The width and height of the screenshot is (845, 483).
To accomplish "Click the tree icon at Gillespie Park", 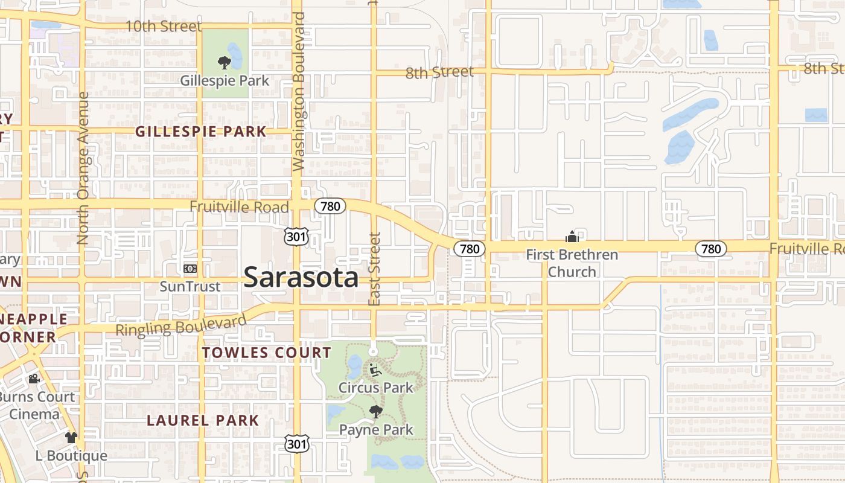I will (224, 62).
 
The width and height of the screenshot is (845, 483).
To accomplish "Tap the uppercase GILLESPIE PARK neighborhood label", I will (200, 132).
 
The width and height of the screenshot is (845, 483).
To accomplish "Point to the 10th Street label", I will (163, 27).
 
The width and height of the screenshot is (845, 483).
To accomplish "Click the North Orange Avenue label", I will (83, 168).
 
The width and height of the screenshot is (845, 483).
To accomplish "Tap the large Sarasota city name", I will (301, 278).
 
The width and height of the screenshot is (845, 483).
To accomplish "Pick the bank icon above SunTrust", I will (190, 268).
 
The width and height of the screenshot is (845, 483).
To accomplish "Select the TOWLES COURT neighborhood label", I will (267, 353).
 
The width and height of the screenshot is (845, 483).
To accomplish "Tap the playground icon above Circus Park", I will (375, 369).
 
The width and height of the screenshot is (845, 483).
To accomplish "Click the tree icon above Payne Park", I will (376, 412).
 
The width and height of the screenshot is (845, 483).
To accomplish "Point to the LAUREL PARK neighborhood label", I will (203, 420).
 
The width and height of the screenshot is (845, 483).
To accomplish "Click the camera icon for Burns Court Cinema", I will (34, 379).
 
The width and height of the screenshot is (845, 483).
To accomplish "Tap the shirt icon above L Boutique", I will (71, 437).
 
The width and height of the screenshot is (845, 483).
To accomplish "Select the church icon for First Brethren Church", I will (572, 237).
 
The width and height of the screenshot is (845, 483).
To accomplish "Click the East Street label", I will (374, 269).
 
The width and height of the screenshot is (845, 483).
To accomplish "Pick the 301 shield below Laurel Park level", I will (296, 444).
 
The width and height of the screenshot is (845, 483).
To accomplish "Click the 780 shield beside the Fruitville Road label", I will (330, 206).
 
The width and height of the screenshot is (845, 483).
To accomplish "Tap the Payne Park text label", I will (376, 430).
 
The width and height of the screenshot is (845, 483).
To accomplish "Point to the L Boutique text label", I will (71, 456).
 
